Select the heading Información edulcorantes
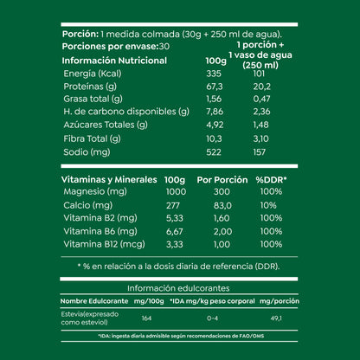[180, 288]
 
